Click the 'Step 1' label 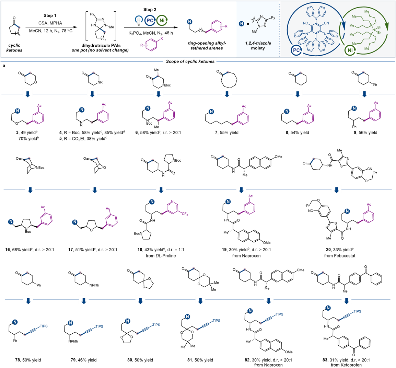[x=50, y=15]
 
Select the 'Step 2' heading [x=150, y=10]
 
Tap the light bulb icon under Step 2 [x=138, y=21]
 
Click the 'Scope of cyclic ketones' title [x=190, y=61]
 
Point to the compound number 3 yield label [x=27, y=133]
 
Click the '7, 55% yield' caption [x=226, y=133]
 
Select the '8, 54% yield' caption [x=297, y=133]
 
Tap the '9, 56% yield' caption [x=365, y=133]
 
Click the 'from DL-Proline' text [x=161, y=256]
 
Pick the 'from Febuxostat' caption [x=340, y=256]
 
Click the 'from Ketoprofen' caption [x=346, y=365]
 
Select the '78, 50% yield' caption [x=28, y=360]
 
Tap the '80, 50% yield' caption [x=140, y=360]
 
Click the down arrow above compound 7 [x=227, y=94]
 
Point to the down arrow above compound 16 [x=30, y=190]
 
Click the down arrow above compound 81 [x=200, y=301]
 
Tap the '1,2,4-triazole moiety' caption [x=258, y=46]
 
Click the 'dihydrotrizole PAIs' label [x=101, y=45]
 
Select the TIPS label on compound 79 [x=99, y=326]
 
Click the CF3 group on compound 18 [x=185, y=214]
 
